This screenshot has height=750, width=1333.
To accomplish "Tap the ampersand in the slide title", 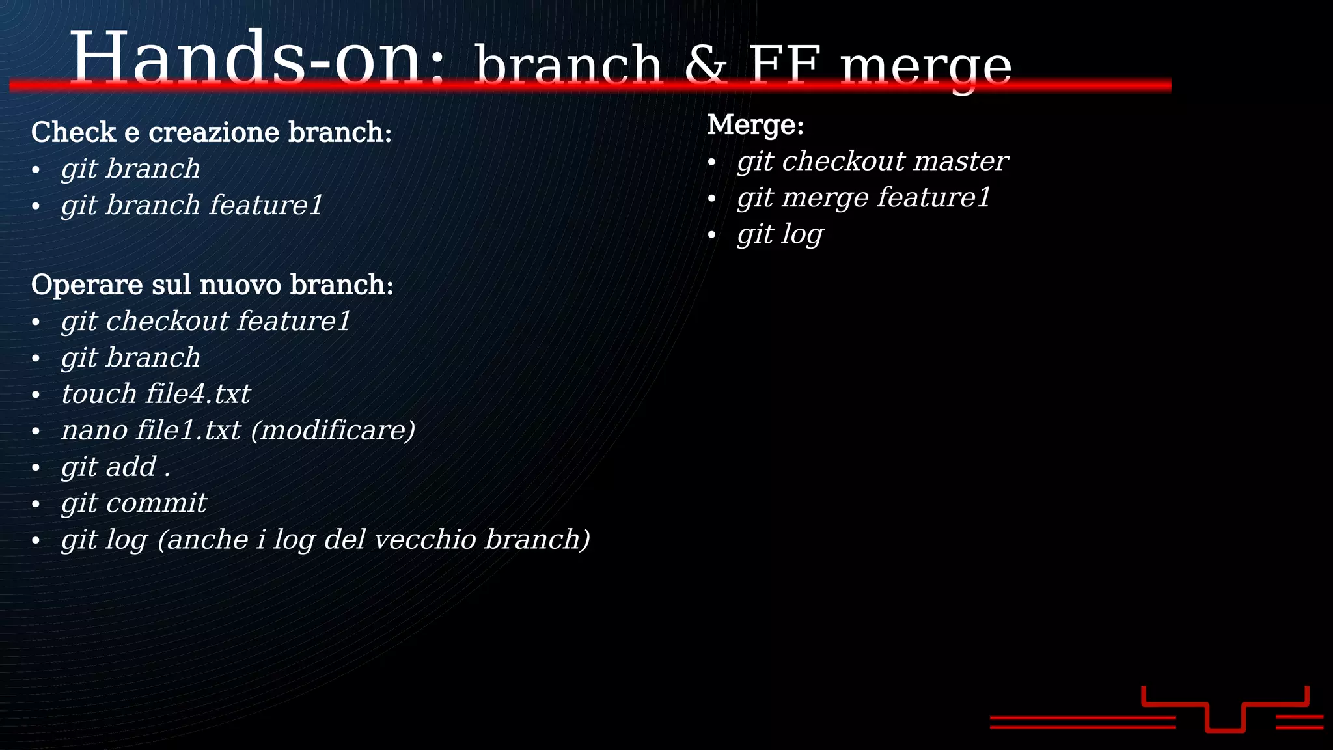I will [x=705, y=65].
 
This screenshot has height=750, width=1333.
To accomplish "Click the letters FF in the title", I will [x=784, y=65].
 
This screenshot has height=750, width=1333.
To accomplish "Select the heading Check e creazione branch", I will [x=212, y=132].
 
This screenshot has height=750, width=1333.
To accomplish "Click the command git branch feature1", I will [x=192, y=205].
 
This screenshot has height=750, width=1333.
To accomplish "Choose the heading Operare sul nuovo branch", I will [x=212, y=285].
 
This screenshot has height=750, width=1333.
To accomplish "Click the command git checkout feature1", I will [x=206, y=321].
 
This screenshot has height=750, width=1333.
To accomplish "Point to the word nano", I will [x=94, y=430].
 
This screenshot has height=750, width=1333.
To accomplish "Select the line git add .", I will [x=116, y=467].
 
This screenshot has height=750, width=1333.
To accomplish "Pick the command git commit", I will [x=133, y=503].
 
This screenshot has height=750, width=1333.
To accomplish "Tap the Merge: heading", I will [x=756, y=124].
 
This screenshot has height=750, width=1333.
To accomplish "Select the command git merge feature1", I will [x=864, y=198].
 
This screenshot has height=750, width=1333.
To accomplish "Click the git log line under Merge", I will [x=780, y=234].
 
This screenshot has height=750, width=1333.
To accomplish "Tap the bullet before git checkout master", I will [x=711, y=162].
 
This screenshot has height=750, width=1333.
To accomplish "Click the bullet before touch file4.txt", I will [x=36, y=395].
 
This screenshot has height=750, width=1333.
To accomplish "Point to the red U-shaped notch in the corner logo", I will [x=1225, y=719].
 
